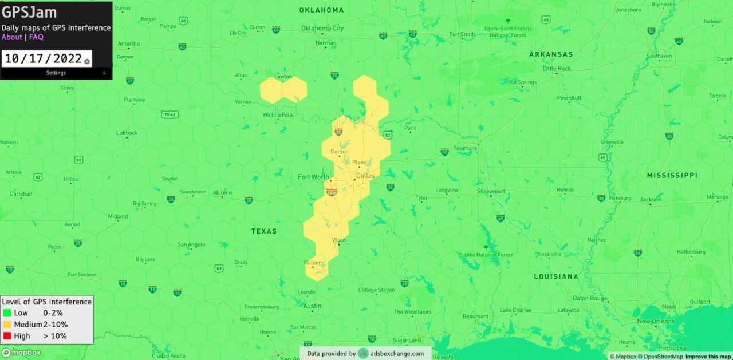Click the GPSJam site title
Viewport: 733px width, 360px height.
click(x=29, y=13)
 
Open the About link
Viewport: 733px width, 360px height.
click(x=12, y=37)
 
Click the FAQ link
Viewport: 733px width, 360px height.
click(x=36, y=37)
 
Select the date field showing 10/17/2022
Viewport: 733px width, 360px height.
click(x=43, y=58)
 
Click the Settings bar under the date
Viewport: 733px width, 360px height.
click(x=56, y=73)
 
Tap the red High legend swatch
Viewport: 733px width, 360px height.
click(x=7, y=336)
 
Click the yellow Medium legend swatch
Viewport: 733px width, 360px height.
click(x=7, y=325)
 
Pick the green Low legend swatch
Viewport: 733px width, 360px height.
click(x=7, y=313)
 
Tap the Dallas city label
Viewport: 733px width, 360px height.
click(x=365, y=176)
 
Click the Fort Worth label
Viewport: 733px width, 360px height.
click(x=313, y=177)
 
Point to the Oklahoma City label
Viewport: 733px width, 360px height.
click(x=322, y=28)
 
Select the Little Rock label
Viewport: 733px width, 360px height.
click(x=557, y=69)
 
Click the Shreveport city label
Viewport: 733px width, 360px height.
click(x=491, y=191)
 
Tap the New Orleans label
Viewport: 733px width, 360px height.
click(x=656, y=321)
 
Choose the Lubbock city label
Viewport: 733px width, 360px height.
click(x=127, y=133)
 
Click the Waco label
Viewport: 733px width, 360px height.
click(x=338, y=240)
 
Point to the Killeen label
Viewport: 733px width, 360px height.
click(x=313, y=262)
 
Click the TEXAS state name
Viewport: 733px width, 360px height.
click(x=264, y=231)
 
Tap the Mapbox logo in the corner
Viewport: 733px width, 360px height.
click(x=21, y=353)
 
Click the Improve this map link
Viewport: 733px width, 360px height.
click(x=708, y=357)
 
